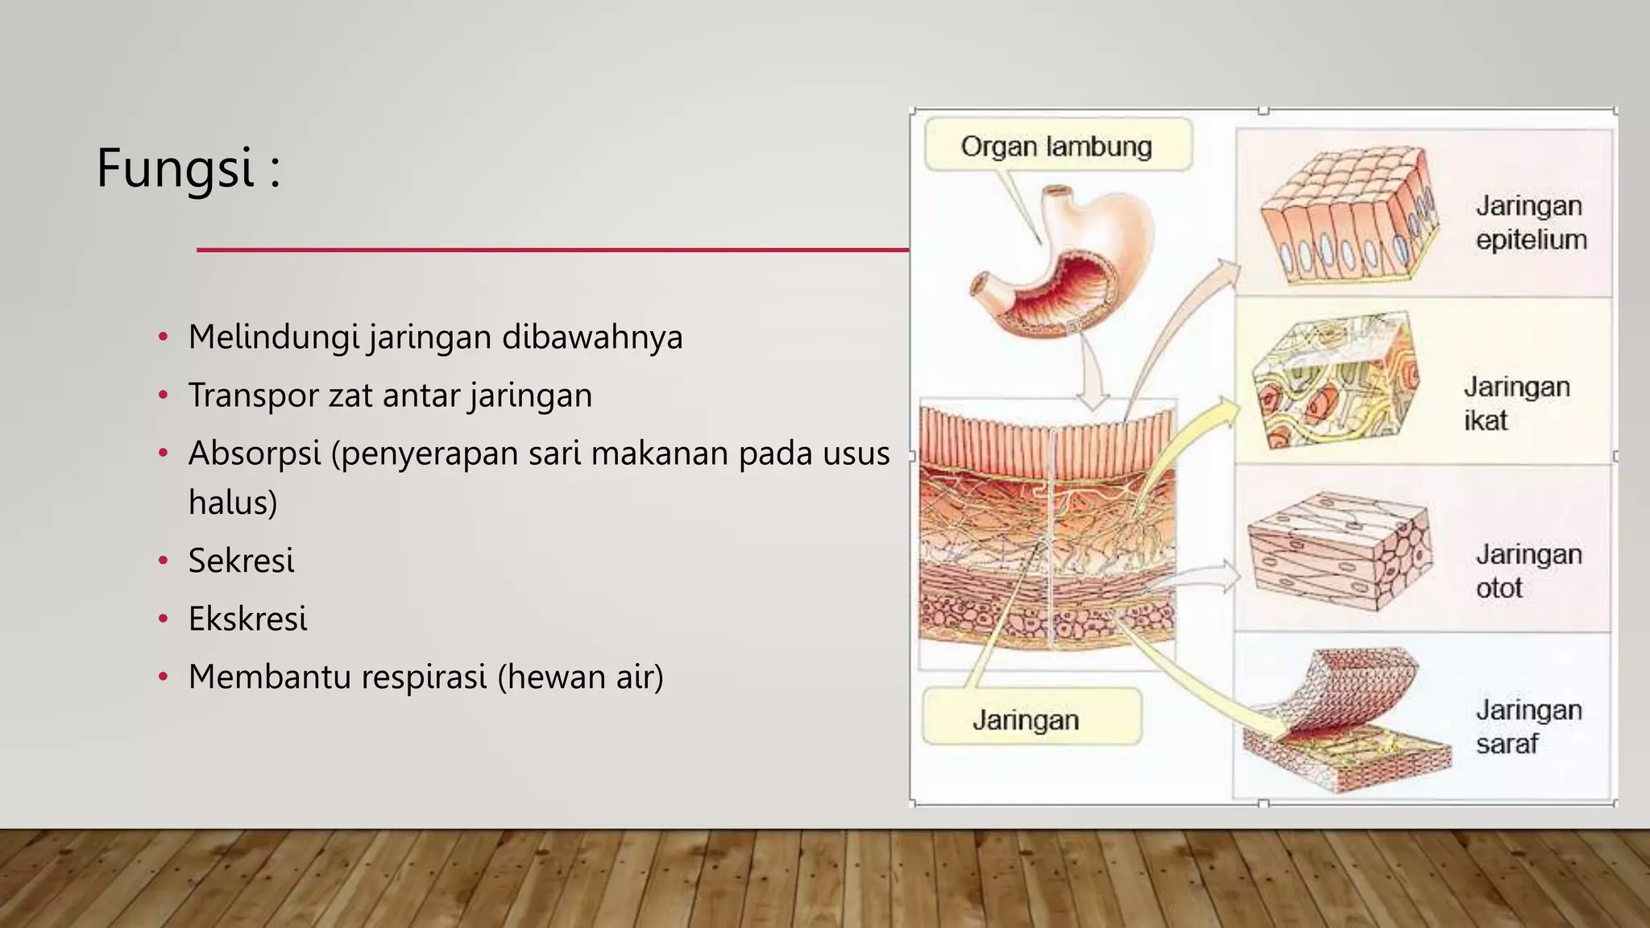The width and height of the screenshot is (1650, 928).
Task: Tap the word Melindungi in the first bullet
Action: [x=273, y=337]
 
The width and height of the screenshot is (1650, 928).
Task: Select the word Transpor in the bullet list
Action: [x=252, y=396]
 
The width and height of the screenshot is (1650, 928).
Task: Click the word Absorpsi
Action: [x=254, y=454]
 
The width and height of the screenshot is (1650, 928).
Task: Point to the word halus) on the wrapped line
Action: [x=233, y=503]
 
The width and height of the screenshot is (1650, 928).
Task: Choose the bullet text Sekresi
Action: [x=241, y=561]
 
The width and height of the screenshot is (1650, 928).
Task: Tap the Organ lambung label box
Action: [x=1057, y=146]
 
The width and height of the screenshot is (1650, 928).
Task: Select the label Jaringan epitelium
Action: [x=1531, y=222]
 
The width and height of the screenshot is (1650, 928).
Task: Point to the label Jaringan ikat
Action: [x=1515, y=404]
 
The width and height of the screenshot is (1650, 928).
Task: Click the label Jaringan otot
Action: [x=1528, y=571]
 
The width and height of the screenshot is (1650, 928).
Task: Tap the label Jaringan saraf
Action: [x=1528, y=727]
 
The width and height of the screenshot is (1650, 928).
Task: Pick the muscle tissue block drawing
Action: [x=1339, y=552]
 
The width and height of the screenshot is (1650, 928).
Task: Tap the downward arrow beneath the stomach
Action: [x=1092, y=371]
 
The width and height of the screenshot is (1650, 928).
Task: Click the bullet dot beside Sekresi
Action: [x=164, y=561]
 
